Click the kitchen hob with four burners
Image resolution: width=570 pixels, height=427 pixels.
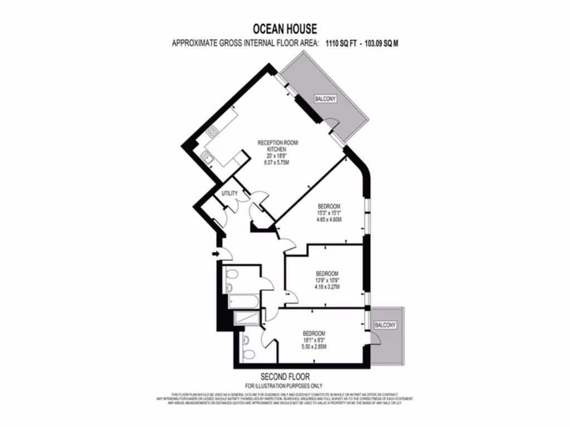click(x=212, y=132)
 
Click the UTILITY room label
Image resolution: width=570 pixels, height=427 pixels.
click(x=230, y=193)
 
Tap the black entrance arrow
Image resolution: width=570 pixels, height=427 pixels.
click(x=216, y=254)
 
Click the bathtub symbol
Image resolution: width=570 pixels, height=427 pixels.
click(x=243, y=303)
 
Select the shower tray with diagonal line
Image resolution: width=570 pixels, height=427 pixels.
click(x=246, y=318)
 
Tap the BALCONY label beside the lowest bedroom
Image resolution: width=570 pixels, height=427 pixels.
click(x=385, y=325)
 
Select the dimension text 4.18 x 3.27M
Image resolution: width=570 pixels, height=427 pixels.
click(x=327, y=287)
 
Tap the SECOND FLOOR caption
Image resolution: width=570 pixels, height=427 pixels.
click(x=284, y=376)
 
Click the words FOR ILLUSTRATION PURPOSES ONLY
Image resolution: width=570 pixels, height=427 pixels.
click(x=284, y=385)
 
